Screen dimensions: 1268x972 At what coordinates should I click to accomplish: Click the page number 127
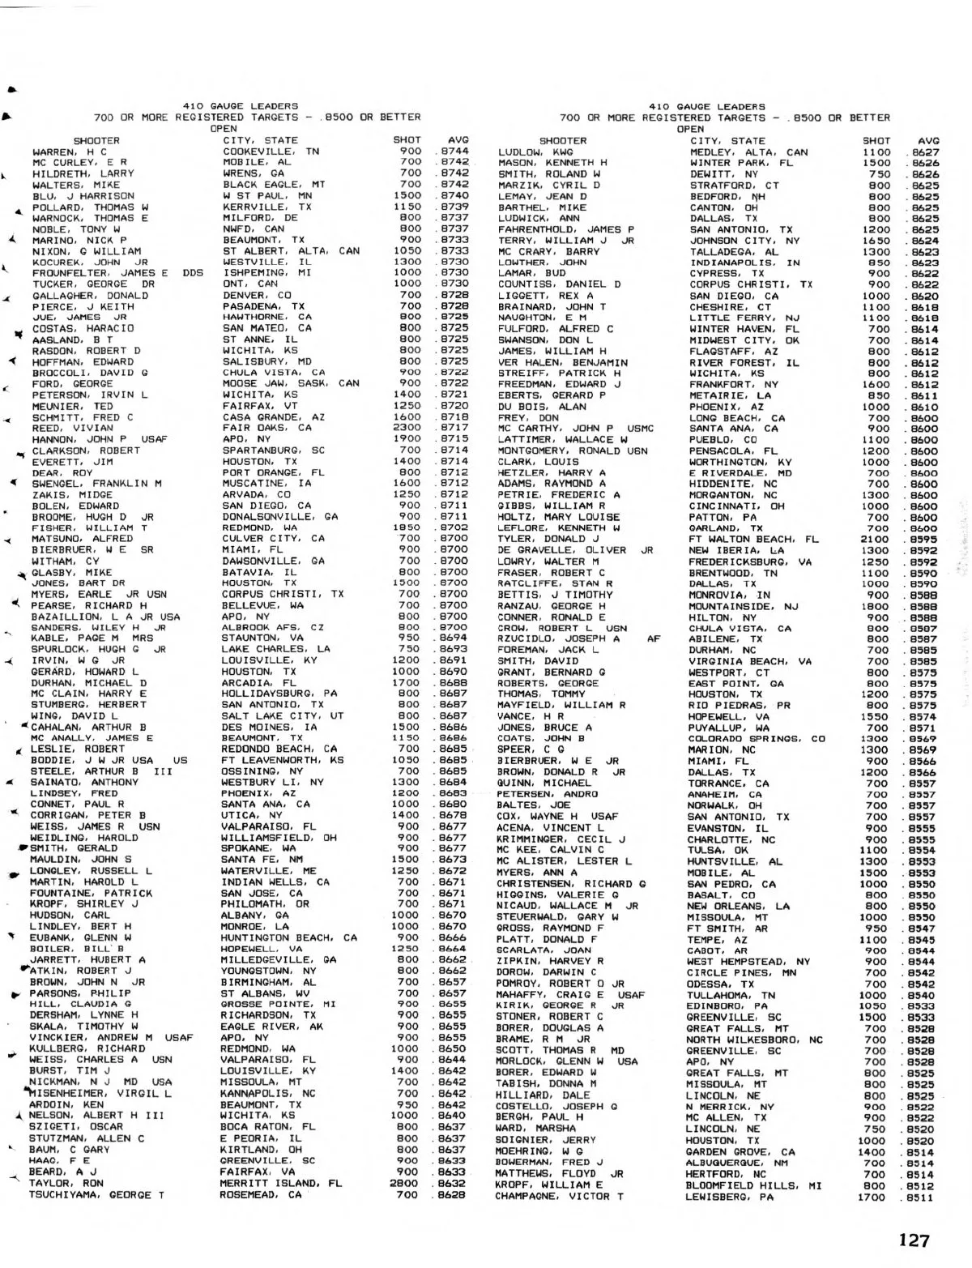[914, 1240]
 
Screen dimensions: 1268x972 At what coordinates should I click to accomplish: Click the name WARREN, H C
[69, 152]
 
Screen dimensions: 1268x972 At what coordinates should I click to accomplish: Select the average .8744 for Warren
[453, 152]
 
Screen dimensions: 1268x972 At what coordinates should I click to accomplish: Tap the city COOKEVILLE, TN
[271, 152]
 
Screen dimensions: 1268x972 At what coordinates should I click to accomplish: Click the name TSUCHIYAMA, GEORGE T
[97, 1194]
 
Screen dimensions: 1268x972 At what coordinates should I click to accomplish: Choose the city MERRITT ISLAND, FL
[280, 1183]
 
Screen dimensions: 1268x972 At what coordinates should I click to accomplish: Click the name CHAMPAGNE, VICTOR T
[560, 1196]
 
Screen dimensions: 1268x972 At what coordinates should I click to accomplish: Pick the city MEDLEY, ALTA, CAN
[748, 152]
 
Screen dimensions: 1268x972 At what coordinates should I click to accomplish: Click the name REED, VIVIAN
[61, 428]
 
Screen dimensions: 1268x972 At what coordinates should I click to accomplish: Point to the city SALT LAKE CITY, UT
[283, 715]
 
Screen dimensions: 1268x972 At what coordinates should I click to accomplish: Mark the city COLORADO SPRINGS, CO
[757, 738]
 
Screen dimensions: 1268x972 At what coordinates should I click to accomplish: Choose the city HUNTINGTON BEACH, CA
[289, 937]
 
